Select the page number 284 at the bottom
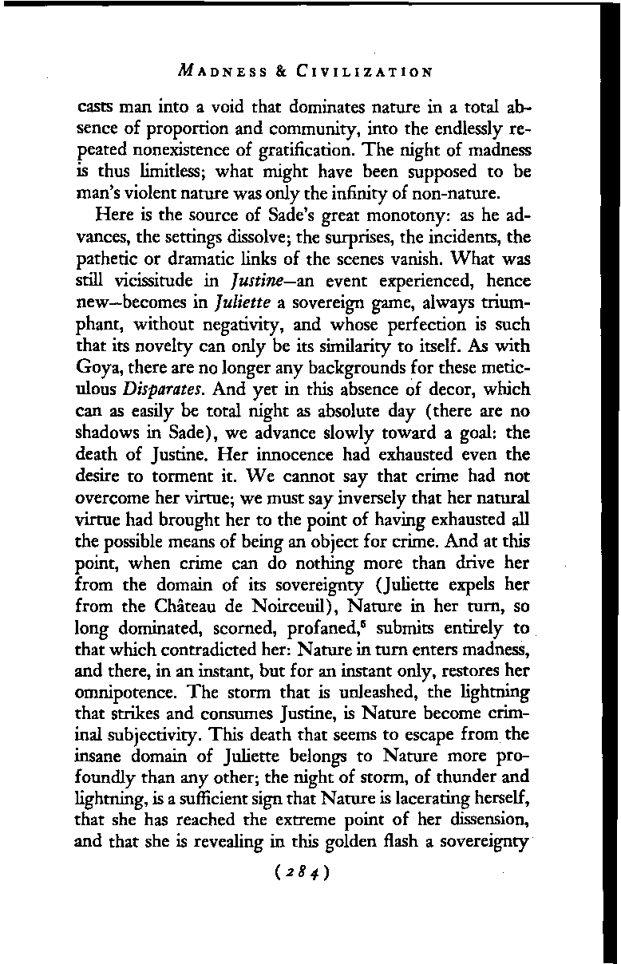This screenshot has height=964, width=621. tap(307, 877)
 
